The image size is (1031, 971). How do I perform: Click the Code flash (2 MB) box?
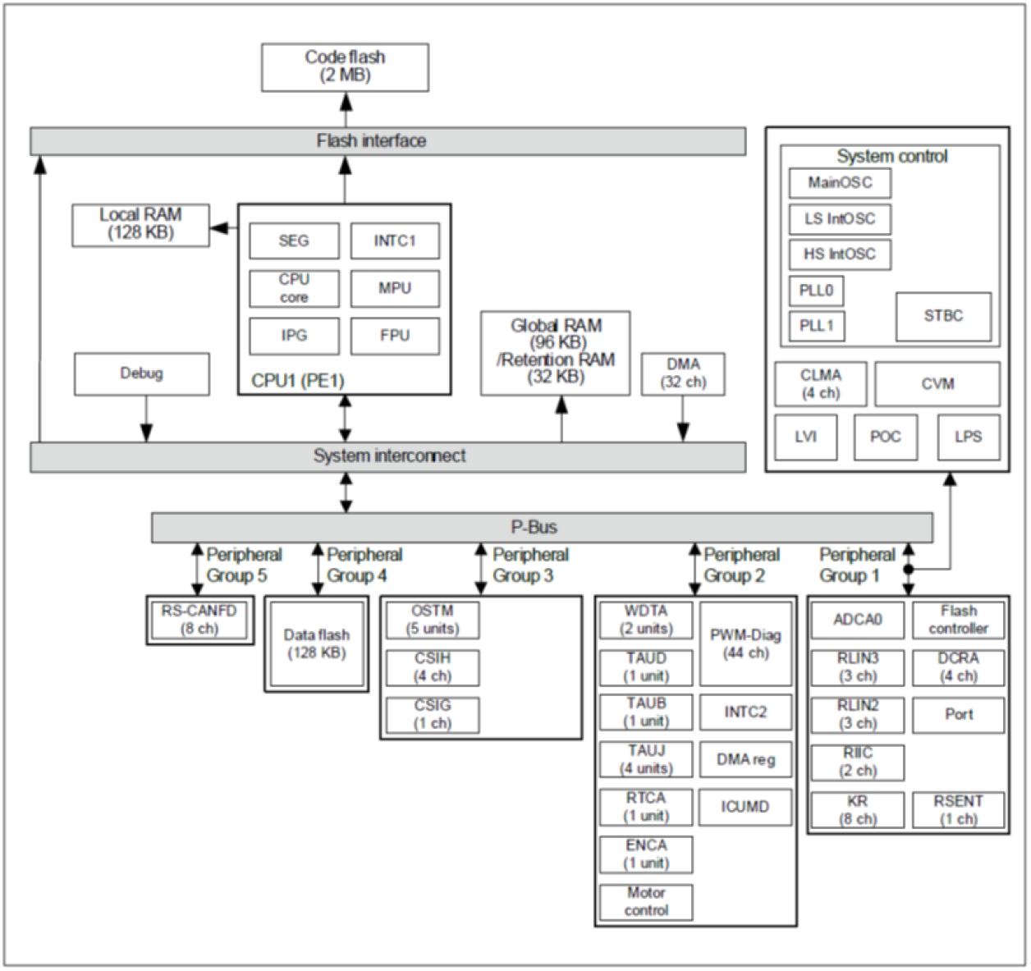345,67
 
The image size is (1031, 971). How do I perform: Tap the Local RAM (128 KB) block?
140,225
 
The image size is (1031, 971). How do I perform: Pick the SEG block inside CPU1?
294,241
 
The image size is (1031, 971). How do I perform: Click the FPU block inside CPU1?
395,336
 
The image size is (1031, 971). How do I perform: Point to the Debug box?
141,374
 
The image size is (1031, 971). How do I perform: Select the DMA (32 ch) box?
683,374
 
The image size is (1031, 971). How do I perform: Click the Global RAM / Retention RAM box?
556,353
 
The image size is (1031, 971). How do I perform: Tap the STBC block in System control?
942,317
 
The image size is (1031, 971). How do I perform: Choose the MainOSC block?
839,183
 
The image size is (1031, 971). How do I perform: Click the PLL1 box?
816,326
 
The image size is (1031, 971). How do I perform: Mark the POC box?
885,437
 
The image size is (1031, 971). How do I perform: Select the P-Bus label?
534,528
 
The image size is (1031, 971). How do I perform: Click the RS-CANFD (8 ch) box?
199,621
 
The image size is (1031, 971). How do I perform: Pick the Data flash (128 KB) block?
316,644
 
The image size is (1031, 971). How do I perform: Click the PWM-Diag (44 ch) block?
745,644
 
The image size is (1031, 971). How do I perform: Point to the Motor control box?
646,902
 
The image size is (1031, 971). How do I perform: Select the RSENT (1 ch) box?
958,810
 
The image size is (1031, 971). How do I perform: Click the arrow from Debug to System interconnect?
146,419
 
